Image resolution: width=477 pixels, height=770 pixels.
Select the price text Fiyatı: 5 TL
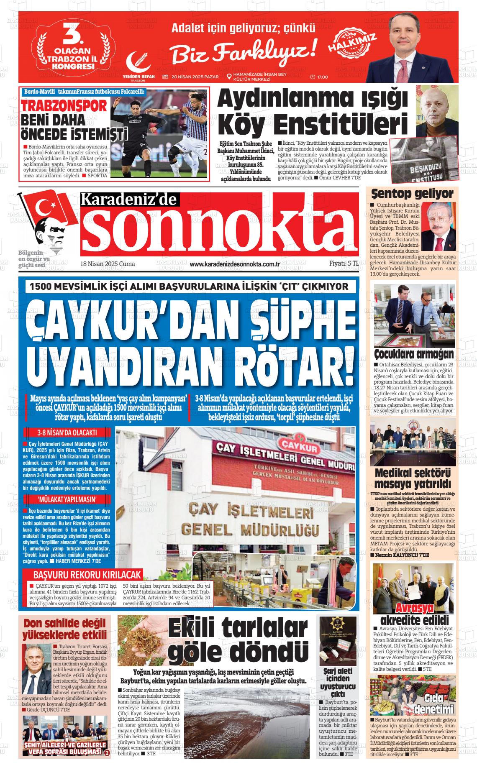(344, 263)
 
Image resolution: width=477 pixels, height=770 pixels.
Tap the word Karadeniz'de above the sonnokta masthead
(130, 200)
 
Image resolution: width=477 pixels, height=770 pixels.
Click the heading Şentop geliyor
(412, 194)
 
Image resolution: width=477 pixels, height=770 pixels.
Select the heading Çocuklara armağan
(413, 354)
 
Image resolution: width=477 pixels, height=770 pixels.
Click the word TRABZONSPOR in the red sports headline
(64, 106)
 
